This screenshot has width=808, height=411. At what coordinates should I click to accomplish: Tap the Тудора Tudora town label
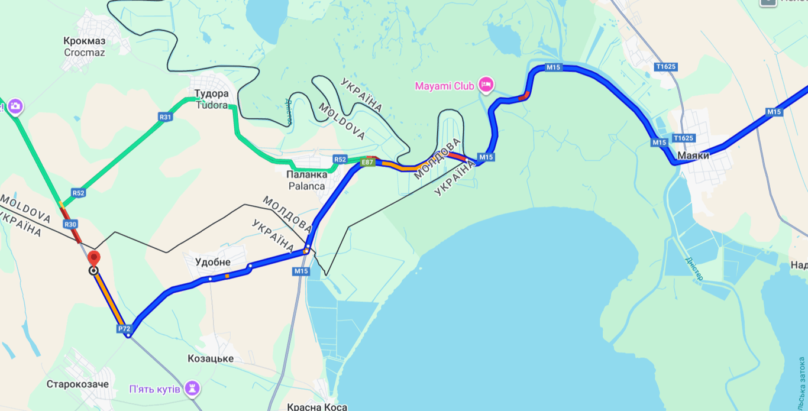pos(211,99)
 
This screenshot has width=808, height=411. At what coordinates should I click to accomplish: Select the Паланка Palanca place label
pos(306,180)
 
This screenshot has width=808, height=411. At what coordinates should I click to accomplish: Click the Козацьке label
pos(211,358)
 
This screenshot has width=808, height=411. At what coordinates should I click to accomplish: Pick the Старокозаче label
pos(77,384)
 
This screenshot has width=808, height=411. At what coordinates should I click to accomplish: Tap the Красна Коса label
pos(316,407)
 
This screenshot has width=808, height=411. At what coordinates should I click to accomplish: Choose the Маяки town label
pos(693,156)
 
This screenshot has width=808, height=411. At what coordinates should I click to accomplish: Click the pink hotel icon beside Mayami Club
pos(486,85)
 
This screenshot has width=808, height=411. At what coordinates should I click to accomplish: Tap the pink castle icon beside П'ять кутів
pos(192,389)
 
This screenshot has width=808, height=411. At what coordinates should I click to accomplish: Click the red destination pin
pos(93,258)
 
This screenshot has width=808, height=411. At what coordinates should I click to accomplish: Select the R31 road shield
pos(166,117)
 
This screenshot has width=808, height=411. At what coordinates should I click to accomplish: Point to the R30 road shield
pos(70,224)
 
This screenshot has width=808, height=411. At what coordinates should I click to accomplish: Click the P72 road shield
pos(124,329)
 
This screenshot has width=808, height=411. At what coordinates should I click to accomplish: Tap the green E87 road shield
pos(368,162)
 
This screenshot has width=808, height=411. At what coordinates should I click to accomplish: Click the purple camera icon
pos(15,106)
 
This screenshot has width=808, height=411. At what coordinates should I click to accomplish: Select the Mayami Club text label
pos(445,86)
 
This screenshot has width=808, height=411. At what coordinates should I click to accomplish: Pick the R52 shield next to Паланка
pos(340,159)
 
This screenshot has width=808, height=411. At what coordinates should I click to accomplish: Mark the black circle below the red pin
pos(93,271)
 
